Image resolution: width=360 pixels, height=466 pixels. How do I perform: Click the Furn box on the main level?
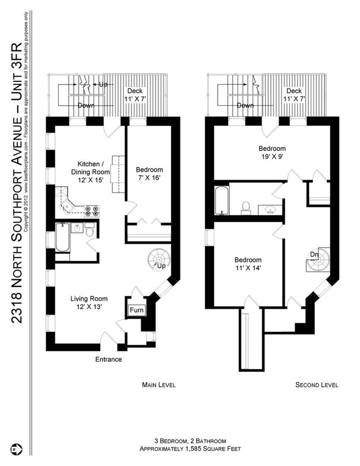(x=137, y=310)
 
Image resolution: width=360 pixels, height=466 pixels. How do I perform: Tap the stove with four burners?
(x=92, y=211)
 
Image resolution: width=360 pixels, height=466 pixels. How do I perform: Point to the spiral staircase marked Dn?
(x=318, y=259)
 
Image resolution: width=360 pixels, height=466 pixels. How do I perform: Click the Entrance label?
(x=109, y=359)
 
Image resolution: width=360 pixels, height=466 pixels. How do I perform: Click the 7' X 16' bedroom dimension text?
(x=150, y=178)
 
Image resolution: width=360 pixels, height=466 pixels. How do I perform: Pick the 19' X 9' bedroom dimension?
(x=272, y=157)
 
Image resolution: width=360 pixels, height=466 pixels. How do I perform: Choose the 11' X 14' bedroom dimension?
(x=248, y=268)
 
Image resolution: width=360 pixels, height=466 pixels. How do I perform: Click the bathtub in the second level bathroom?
(x=222, y=200)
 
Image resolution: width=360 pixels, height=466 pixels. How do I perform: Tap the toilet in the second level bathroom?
(x=246, y=207)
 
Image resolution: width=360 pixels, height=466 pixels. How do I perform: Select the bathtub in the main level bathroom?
(x=63, y=238)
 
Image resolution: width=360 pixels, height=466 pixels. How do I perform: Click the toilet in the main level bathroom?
(x=90, y=230)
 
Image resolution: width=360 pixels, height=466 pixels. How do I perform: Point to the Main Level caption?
(x=158, y=385)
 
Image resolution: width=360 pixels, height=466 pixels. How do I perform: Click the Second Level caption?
(x=317, y=385)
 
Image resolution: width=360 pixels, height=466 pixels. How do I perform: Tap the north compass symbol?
(x=16, y=448)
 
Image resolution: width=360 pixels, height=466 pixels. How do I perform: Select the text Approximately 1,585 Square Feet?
(x=190, y=449)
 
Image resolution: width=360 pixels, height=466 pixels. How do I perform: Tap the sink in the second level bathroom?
(x=270, y=209)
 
